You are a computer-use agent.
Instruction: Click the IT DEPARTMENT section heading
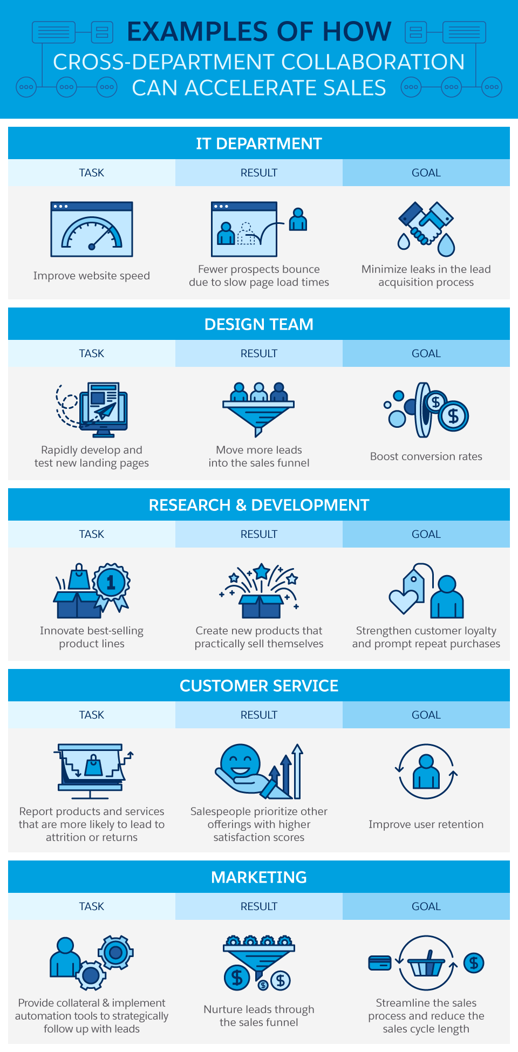(x=259, y=144)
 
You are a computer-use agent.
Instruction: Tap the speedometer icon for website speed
(x=92, y=229)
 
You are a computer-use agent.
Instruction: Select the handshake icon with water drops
(x=426, y=229)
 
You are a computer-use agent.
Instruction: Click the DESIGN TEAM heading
(x=259, y=324)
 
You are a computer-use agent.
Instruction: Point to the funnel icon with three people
(x=259, y=409)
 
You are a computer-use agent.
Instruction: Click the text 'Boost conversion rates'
(x=426, y=456)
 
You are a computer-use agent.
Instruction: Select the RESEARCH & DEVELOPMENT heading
(x=259, y=505)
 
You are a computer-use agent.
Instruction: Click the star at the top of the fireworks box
(x=262, y=571)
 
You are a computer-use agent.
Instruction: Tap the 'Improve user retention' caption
(x=426, y=824)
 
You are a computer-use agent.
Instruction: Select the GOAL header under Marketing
(x=426, y=906)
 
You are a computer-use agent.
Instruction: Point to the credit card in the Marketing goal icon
(x=380, y=962)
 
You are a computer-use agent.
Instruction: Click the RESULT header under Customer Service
(x=259, y=715)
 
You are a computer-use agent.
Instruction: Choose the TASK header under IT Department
(x=92, y=173)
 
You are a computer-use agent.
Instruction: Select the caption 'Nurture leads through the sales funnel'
(x=259, y=1016)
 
